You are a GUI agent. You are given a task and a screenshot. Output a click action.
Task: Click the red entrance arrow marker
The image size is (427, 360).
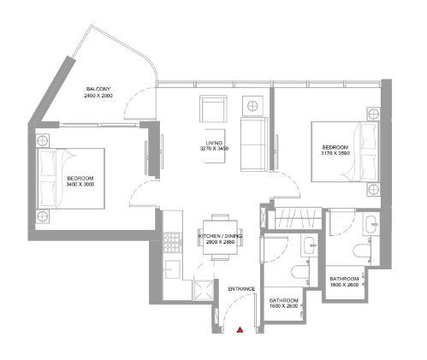pos(240,330)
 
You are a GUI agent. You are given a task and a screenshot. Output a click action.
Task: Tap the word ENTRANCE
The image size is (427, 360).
pos(241,289)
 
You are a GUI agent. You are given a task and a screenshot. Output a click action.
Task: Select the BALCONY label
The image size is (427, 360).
pos(98,89)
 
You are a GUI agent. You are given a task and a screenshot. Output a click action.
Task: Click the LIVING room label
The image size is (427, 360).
pos(214,143)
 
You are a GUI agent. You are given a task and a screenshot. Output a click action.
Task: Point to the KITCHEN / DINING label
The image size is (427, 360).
pos(220,236)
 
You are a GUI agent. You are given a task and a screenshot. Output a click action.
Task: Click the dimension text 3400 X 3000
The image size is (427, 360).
pos(80,184)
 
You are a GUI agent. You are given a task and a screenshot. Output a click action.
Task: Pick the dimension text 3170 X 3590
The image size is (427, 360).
pos(335,153)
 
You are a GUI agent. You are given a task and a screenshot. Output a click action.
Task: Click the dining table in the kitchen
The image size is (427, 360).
pos(220,237)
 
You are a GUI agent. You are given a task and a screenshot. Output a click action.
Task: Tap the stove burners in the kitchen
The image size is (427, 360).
pos(173,242)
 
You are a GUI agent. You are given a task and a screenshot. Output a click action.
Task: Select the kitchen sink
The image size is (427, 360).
pos(172,269)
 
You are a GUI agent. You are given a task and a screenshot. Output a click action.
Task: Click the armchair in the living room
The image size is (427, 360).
pos(213,109)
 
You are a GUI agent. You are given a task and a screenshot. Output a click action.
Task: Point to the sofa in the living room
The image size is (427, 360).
pos(254,145)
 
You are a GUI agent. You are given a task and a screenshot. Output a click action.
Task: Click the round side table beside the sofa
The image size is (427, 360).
pos(252,106)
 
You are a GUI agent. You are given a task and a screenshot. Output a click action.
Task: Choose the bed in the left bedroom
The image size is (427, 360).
pos(71,179)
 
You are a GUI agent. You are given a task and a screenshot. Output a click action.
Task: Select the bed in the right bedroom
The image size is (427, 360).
pos(345,151)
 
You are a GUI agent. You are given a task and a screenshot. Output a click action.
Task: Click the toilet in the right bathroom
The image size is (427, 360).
pos(361,251)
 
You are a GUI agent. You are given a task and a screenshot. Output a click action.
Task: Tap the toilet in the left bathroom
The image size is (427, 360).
pos(300,273)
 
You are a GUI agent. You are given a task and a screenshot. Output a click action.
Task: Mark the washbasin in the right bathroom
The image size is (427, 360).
pos(371,224)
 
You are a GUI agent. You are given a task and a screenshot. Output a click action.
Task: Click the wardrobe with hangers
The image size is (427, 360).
pos(298,218)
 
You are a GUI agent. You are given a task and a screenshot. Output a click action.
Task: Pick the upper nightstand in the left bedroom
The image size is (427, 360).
pos(43,140)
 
